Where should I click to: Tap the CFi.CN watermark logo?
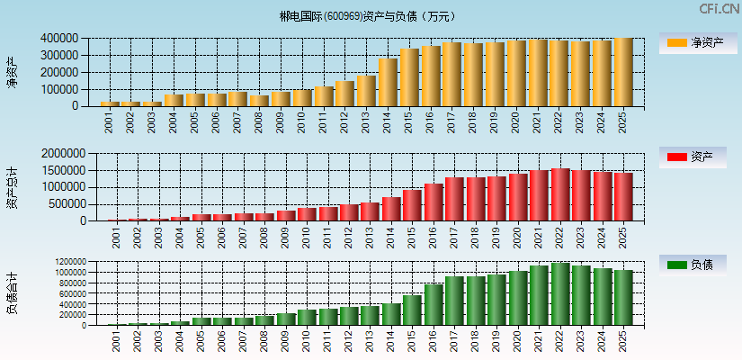(x=720, y=9)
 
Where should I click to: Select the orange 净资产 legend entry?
(x=697, y=43)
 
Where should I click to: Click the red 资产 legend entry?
(x=697, y=157)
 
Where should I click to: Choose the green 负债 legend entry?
(x=697, y=265)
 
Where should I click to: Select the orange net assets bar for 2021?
(x=538, y=73)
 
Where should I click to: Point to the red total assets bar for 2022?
(x=559, y=195)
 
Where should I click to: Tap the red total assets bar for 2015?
(x=410, y=205)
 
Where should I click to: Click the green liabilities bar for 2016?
(x=431, y=305)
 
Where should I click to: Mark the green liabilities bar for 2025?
(x=623, y=298)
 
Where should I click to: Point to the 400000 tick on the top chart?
(x=58, y=39)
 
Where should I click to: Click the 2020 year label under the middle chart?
(x=516, y=238)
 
